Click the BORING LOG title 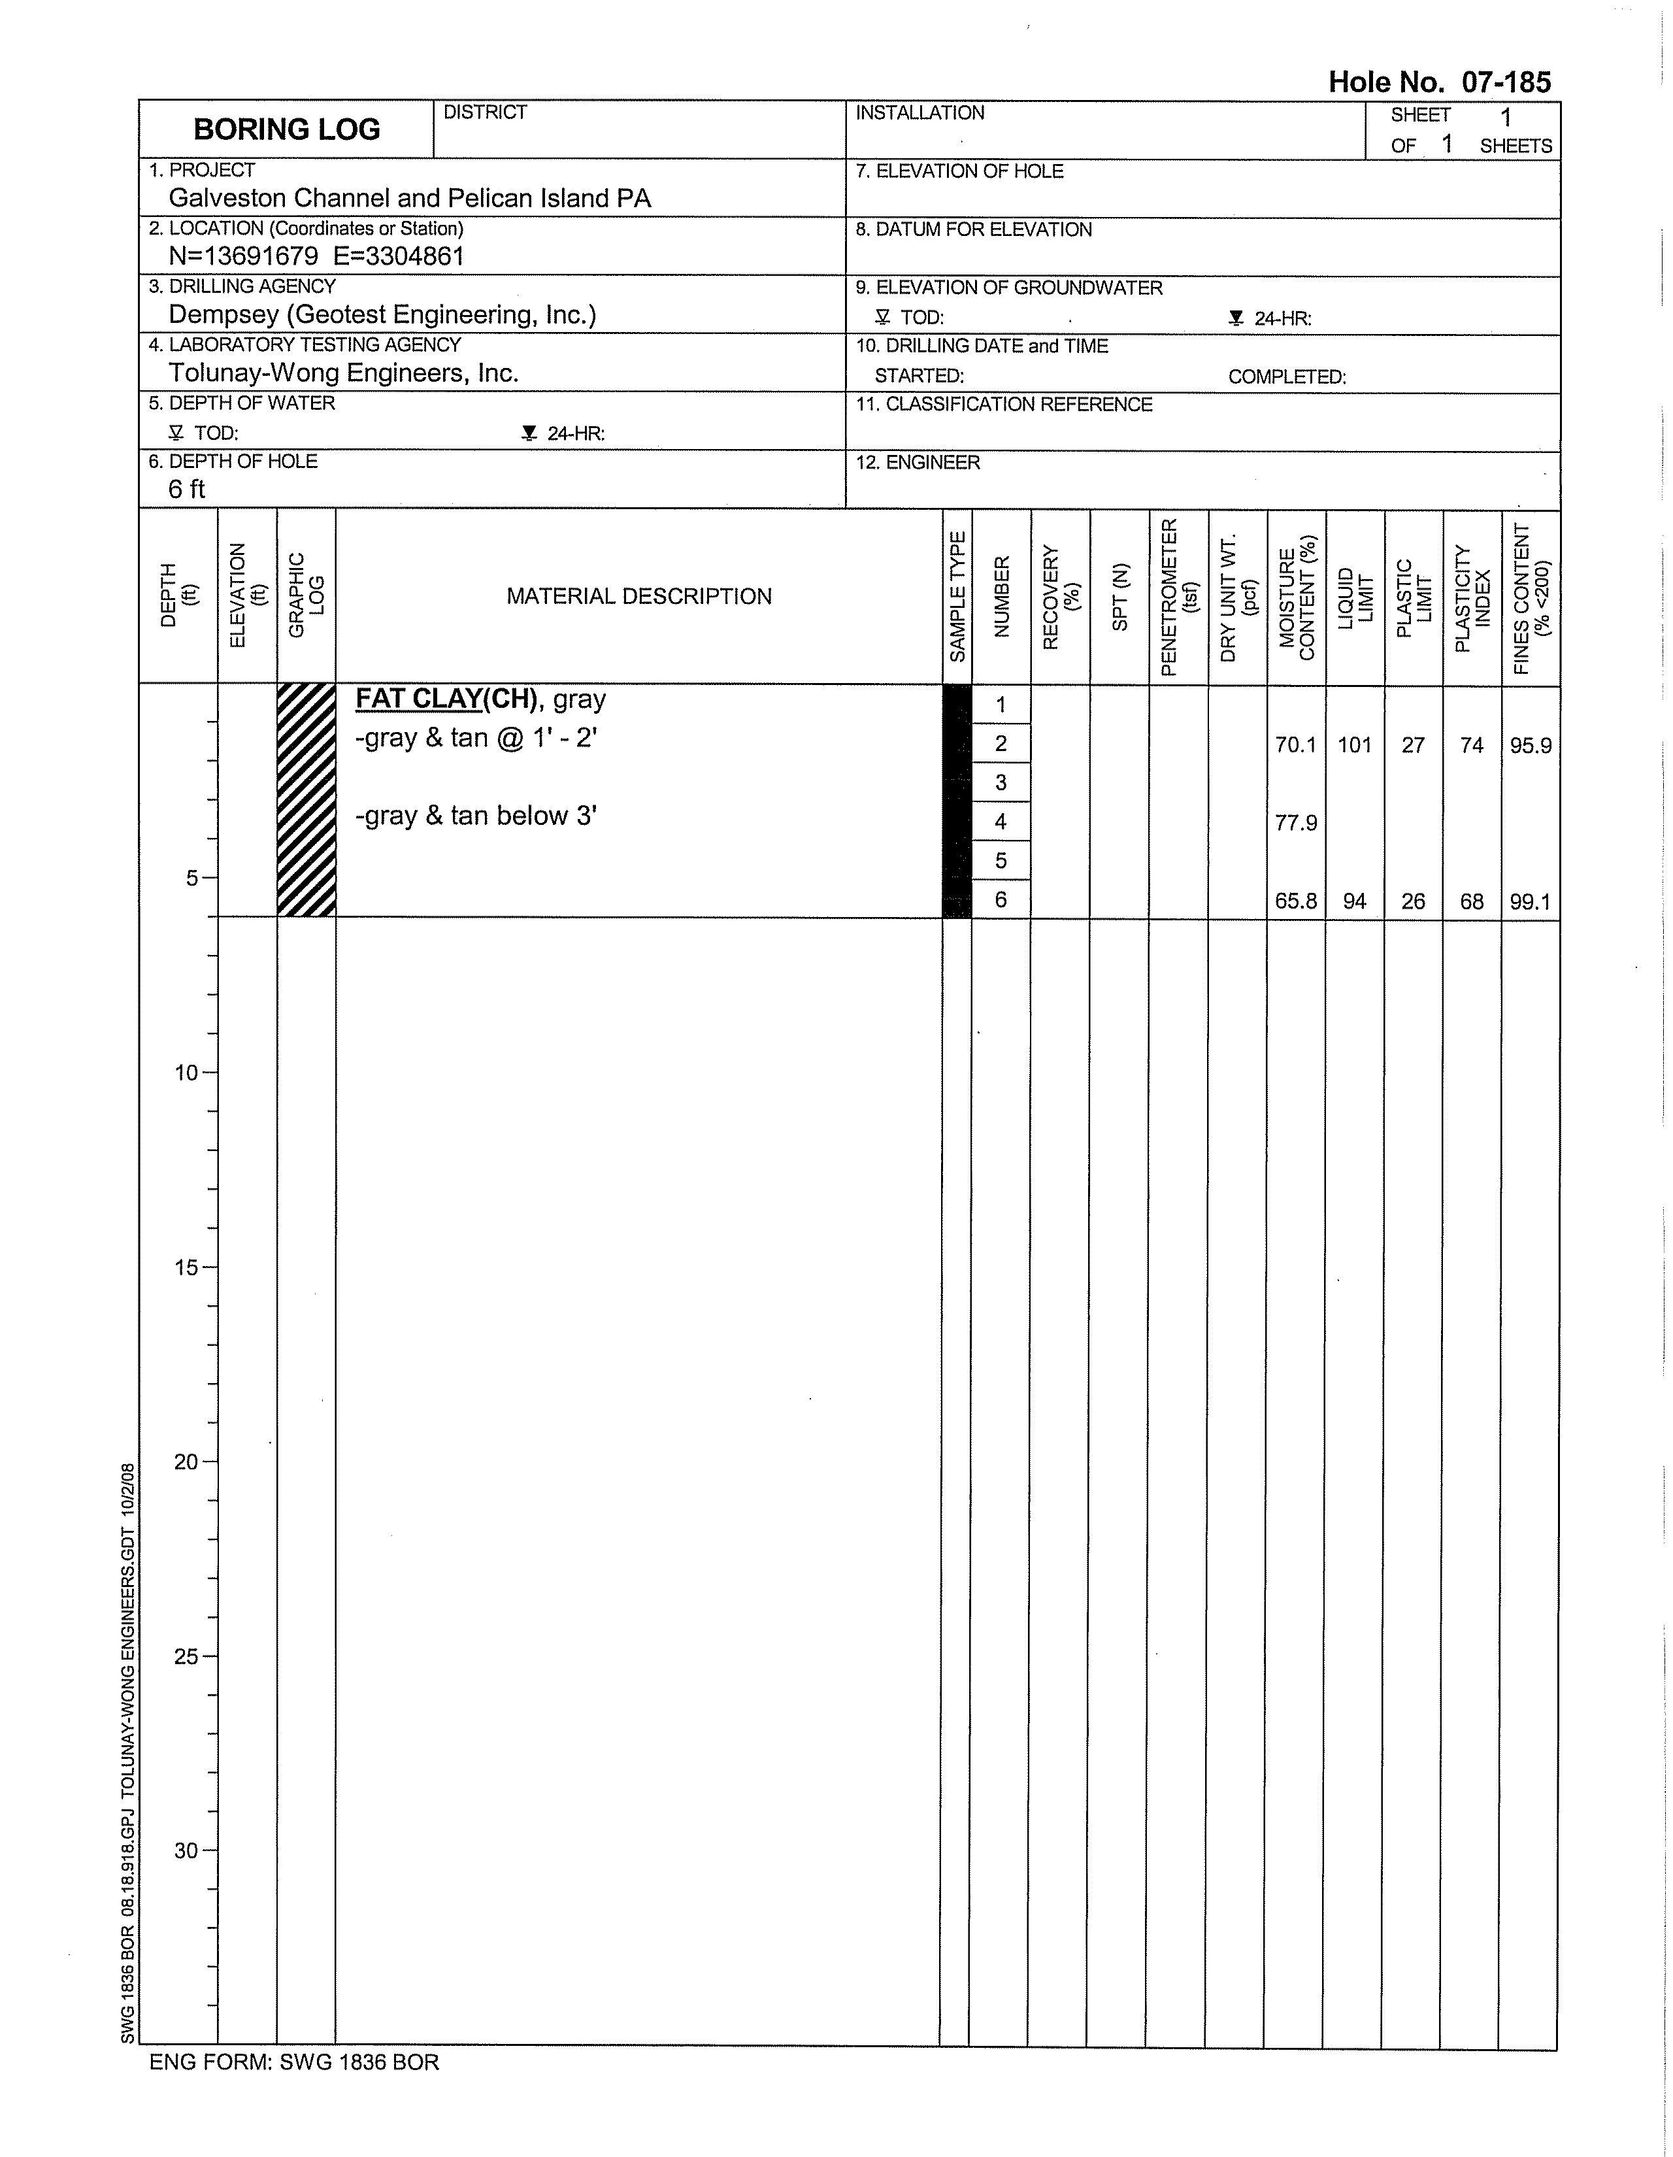[x=286, y=129]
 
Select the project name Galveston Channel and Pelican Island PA [x=410, y=199]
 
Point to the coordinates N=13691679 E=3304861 [x=316, y=257]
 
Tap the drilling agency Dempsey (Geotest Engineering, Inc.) [x=382, y=315]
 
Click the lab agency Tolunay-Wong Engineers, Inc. [x=344, y=373]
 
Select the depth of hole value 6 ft [x=187, y=489]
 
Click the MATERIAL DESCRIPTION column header [x=639, y=597]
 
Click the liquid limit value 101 [x=1354, y=744]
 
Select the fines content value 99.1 [x=1530, y=901]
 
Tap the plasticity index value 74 [x=1472, y=744]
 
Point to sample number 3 [x=1001, y=783]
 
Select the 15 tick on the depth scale [x=188, y=1267]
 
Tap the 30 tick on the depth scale [x=188, y=1851]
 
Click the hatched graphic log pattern [x=306, y=800]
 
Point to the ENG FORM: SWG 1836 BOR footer [x=294, y=2062]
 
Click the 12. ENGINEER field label [x=918, y=462]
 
